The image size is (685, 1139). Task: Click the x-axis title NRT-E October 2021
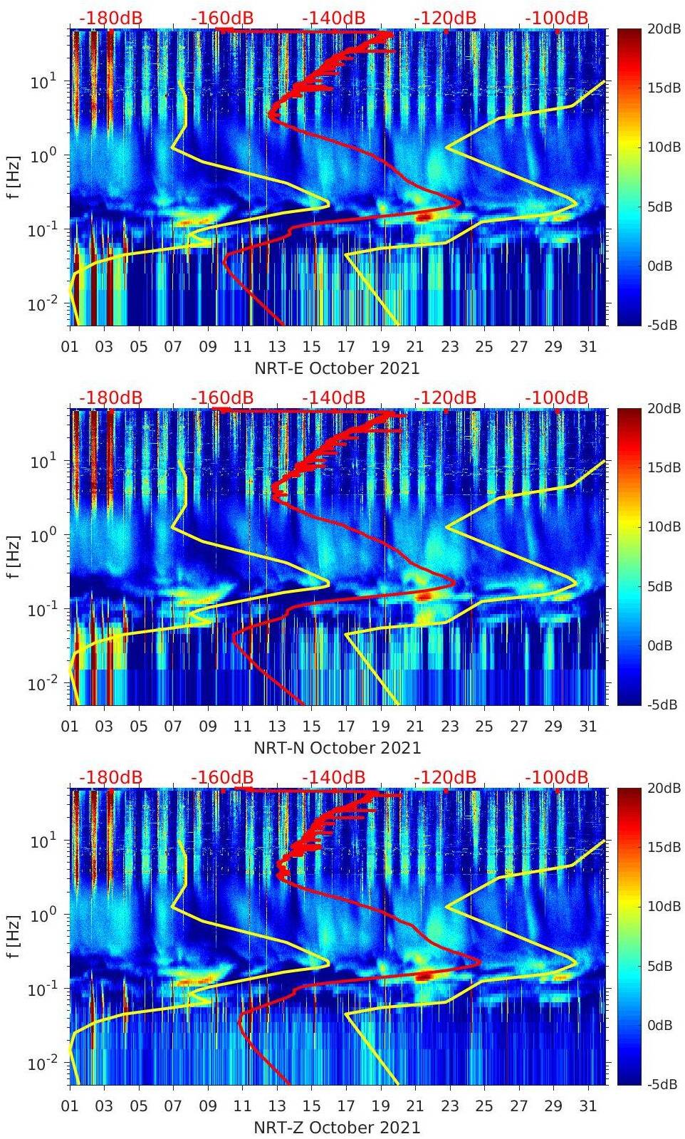click(x=337, y=368)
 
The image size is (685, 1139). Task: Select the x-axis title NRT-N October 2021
click(x=337, y=748)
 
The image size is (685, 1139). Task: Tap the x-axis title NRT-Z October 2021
click(x=337, y=1128)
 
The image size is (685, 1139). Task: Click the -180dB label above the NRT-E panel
click(x=110, y=18)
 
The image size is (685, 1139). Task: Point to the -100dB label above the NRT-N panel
click(x=557, y=397)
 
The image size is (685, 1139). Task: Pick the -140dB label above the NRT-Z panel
click(x=333, y=777)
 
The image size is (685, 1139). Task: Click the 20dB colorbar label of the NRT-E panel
click(x=659, y=28)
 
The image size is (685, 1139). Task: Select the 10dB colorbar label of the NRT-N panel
click(x=659, y=526)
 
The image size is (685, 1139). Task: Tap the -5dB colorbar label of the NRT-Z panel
click(x=659, y=1084)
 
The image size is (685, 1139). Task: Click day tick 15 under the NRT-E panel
click(x=311, y=347)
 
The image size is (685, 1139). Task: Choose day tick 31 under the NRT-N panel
click(x=587, y=727)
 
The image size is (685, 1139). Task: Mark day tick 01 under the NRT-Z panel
click(x=70, y=1106)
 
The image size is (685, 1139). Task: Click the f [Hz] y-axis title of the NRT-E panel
click(x=14, y=177)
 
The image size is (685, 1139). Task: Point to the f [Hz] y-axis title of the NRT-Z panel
click(x=14, y=936)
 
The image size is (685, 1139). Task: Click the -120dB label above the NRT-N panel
click(x=445, y=397)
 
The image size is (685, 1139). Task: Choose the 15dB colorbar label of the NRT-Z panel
click(x=659, y=847)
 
